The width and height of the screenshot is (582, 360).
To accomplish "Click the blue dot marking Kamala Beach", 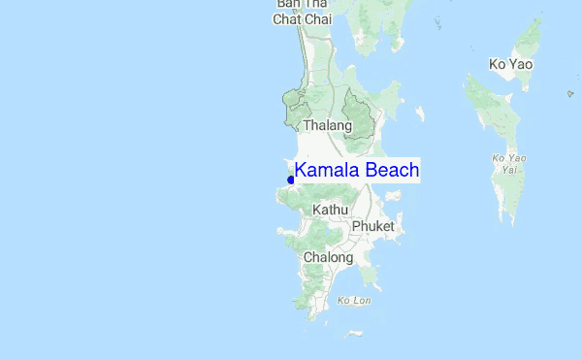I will coord(291,180).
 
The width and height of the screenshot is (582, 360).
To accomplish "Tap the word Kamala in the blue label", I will coord(327,171).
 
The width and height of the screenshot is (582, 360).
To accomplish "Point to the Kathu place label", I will coord(330,210).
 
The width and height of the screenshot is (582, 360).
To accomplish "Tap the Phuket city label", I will coord(372,226).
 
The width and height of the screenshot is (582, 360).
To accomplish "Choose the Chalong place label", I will coord(327,257).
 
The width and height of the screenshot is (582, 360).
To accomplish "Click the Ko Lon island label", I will coord(354,301).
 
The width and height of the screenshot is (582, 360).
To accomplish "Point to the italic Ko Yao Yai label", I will coord(509,163).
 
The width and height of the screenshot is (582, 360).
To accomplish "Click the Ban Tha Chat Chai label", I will coord(302,11).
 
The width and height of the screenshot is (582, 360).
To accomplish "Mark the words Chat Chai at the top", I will coord(302,18).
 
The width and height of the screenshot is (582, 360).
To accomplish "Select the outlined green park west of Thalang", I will coord(294,108).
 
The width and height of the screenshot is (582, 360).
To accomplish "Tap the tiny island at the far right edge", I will coord(570,94).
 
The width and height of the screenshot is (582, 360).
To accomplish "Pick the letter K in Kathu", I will coord(317,210).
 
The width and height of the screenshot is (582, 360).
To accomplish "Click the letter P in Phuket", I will coord(356,226).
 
